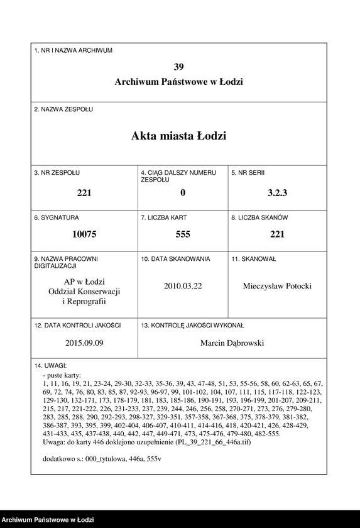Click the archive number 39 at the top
pyautogui.click(x=179, y=67)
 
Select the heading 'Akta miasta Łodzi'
pyautogui.click(x=179, y=136)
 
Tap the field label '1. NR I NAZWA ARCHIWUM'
pyautogui.click(x=74, y=50)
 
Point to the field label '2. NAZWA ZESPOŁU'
pyautogui.click(x=63, y=109)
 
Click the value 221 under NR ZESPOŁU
pyautogui.click(x=84, y=193)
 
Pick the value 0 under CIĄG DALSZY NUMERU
pyautogui.click(x=182, y=193)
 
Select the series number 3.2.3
pyautogui.click(x=277, y=193)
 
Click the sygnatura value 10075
pyautogui.click(x=84, y=234)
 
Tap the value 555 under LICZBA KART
pyautogui.click(x=182, y=234)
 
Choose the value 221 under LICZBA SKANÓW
pyautogui.click(x=277, y=234)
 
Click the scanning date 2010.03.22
pyautogui.click(x=183, y=285)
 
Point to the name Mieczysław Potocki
pyautogui.click(x=277, y=286)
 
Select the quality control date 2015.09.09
pyautogui.click(x=84, y=343)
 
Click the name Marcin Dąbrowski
pyautogui.click(x=232, y=343)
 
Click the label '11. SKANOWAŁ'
pyautogui.click(x=254, y=259)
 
